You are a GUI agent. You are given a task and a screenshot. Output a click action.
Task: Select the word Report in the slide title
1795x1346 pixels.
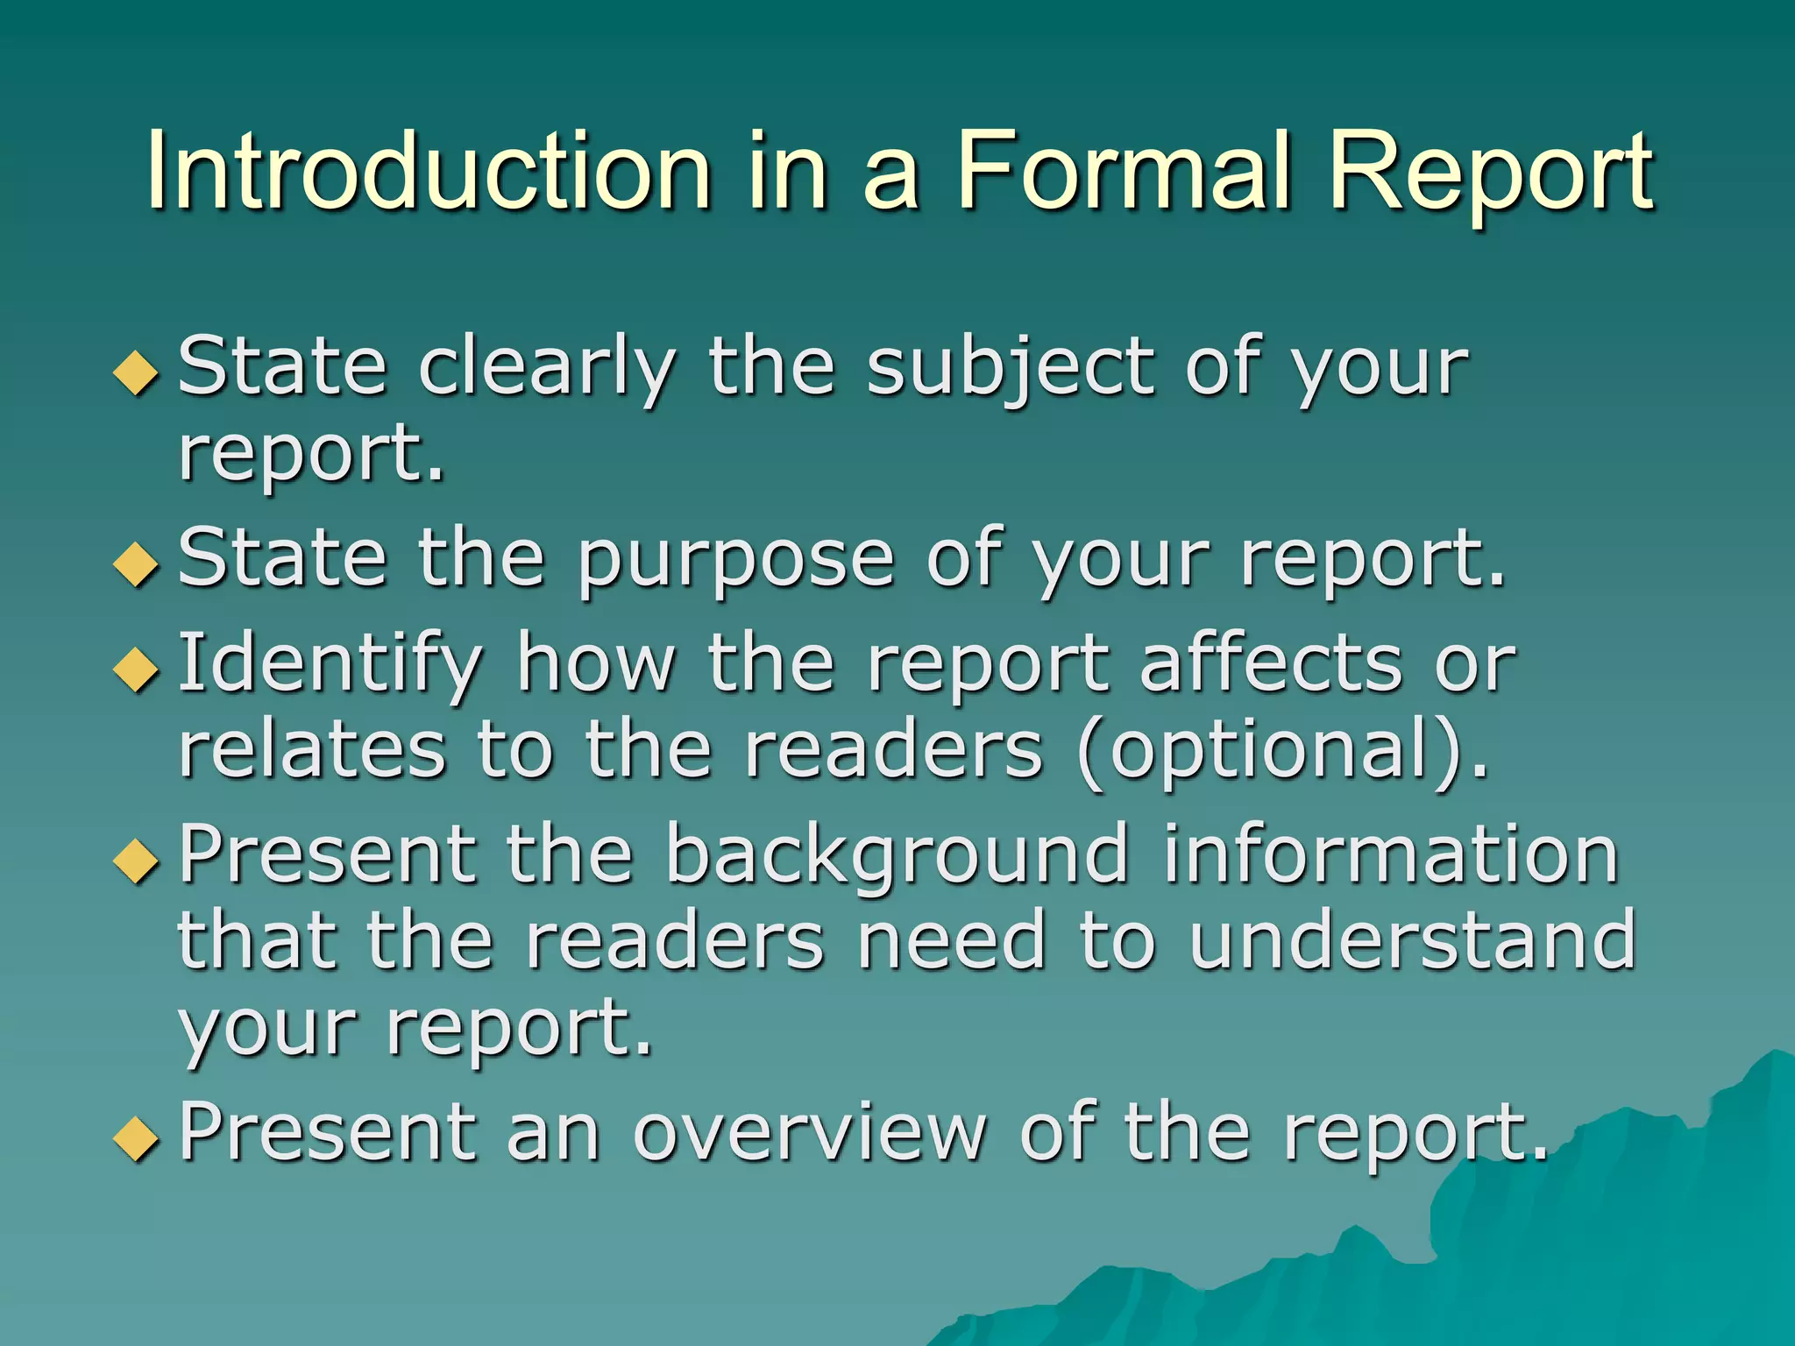1490,172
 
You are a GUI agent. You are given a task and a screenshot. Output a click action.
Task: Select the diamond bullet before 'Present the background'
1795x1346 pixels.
137,860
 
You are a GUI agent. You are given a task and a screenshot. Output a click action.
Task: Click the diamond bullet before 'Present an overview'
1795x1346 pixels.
137,1138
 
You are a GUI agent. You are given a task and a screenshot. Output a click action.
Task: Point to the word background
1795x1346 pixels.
896,857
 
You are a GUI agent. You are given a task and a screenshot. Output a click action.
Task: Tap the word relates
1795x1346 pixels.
312,752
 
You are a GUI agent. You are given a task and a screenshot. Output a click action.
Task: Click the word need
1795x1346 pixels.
951,941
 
